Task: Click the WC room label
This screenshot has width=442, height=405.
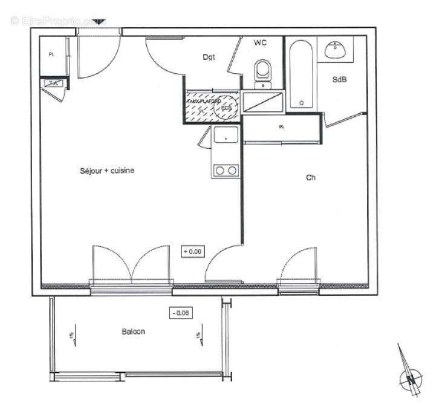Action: pyautogui.click(x=261, y=42)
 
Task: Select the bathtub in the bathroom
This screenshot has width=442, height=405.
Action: pyautogui.click(x=300, y=74)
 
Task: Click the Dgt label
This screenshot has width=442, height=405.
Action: pyautogui.click(x=209, y=58)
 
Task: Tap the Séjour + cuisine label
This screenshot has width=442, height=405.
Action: pyautogui.click(x=106, y=171)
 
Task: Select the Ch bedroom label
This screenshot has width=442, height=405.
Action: pyautogui.click(x=311, y=178)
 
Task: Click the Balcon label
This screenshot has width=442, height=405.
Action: pyautogui.click(x=133, y=332)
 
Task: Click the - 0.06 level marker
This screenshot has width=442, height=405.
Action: pyautogui.click(x=180, y=313)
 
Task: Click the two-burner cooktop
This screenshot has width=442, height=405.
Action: pyautogui.click(x=226, y=171)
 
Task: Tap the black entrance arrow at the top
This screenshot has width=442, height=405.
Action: pyautogui.click(x=99, y=22)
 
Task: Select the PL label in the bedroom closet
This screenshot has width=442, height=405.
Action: pyautogui.click(x=281, y=127)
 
